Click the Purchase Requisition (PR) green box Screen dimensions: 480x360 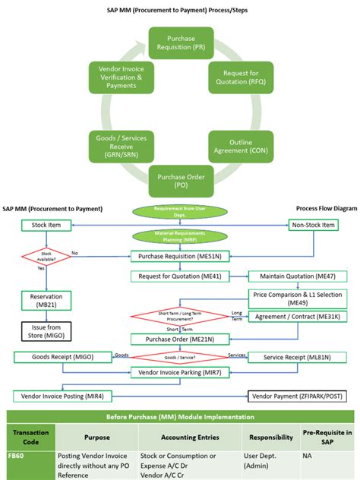[x=179, y=43]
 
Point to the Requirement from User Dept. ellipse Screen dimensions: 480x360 [x=179, y=210]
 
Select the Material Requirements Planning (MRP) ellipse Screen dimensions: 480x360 [x=179, y=238]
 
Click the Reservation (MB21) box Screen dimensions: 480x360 [x=47, y=299]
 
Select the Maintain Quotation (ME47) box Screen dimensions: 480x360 [x=293, y=276]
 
